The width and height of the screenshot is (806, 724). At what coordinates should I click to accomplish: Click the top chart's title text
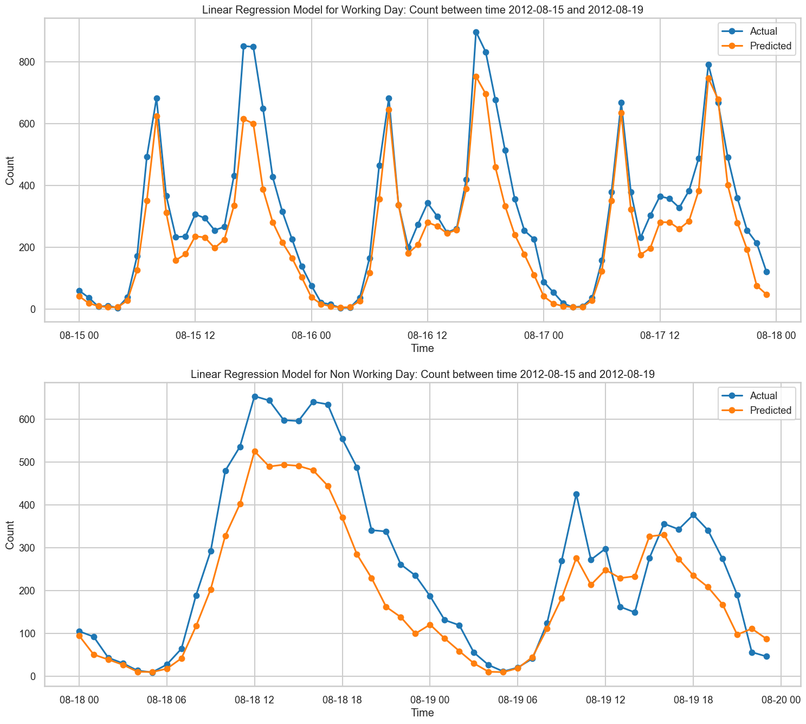422,10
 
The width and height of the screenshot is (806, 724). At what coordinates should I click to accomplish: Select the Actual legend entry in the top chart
755,31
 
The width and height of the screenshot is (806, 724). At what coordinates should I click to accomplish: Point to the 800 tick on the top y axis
27,62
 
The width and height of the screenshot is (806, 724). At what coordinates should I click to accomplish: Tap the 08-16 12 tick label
427,335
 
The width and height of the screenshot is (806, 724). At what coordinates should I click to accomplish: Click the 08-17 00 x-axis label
544,335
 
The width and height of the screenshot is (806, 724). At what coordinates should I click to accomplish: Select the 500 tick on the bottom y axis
27,462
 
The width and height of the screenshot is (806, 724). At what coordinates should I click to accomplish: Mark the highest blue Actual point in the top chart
476,32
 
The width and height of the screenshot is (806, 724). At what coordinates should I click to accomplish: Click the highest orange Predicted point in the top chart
476,76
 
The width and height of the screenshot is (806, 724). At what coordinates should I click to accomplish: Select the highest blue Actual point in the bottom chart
255,396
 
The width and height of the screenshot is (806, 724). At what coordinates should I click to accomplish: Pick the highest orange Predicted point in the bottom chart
255,451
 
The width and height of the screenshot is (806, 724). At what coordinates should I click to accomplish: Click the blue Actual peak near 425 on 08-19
576,495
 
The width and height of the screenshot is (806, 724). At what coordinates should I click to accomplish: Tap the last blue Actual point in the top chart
766,272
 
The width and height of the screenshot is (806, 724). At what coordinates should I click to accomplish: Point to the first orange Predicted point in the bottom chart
79,636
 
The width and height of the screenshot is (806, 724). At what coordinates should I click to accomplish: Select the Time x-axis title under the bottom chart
422,712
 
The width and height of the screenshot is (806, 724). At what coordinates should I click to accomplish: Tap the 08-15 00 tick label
79,335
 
